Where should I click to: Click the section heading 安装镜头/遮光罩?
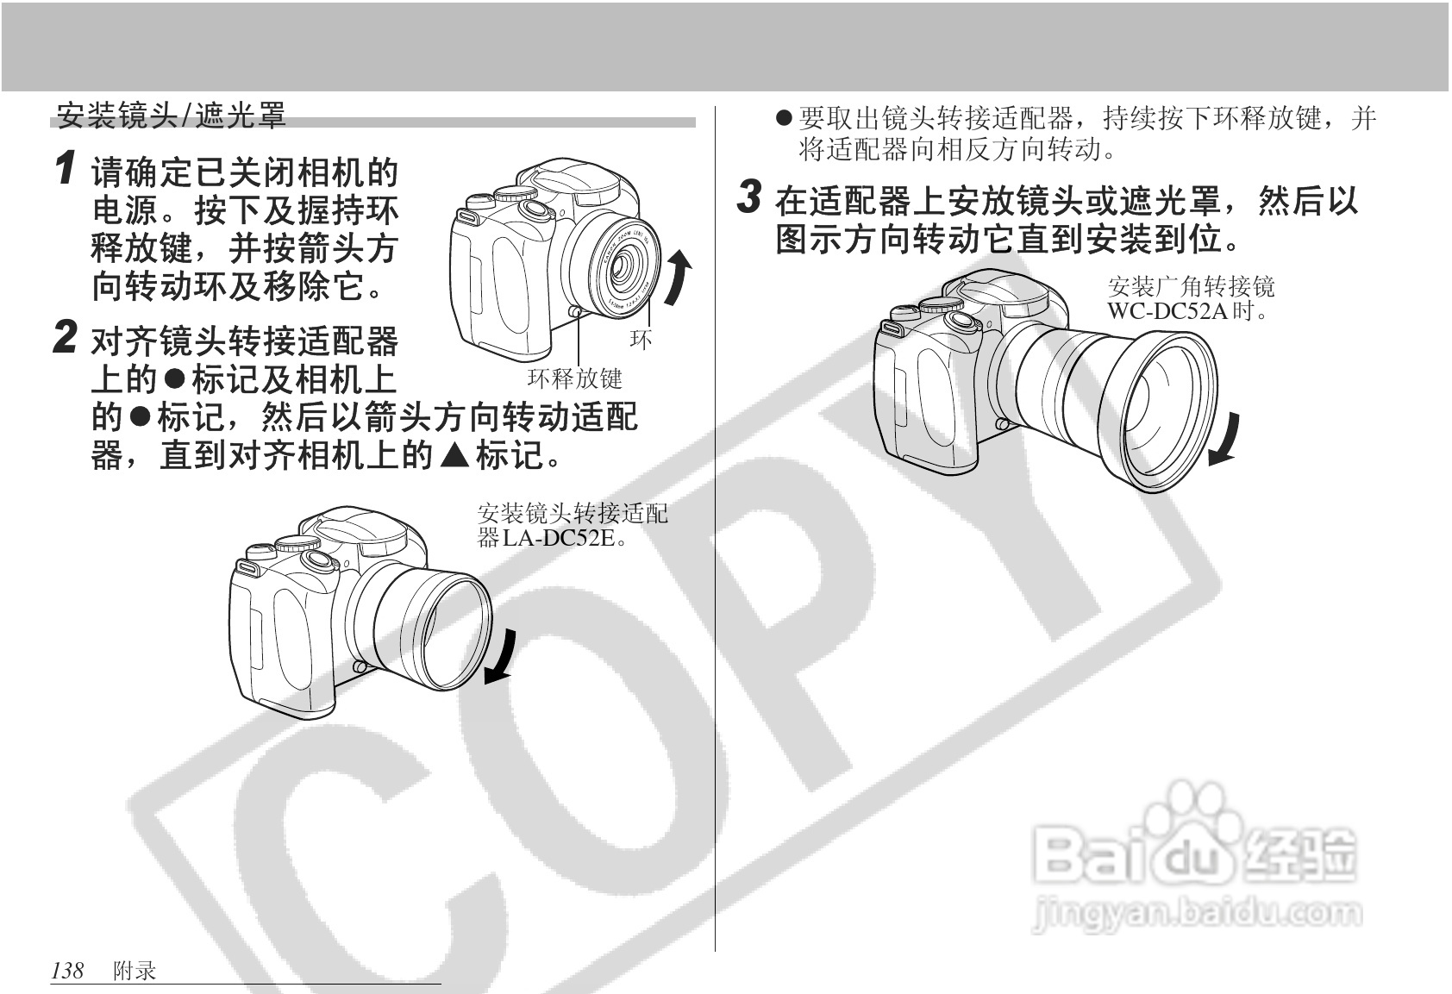171,116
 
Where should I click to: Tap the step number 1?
64,168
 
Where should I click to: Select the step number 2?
65,337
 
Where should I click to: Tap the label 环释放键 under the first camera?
574,378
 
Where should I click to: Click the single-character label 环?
641,339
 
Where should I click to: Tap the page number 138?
67,971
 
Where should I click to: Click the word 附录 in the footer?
135,971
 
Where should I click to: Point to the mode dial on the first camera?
515,192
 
